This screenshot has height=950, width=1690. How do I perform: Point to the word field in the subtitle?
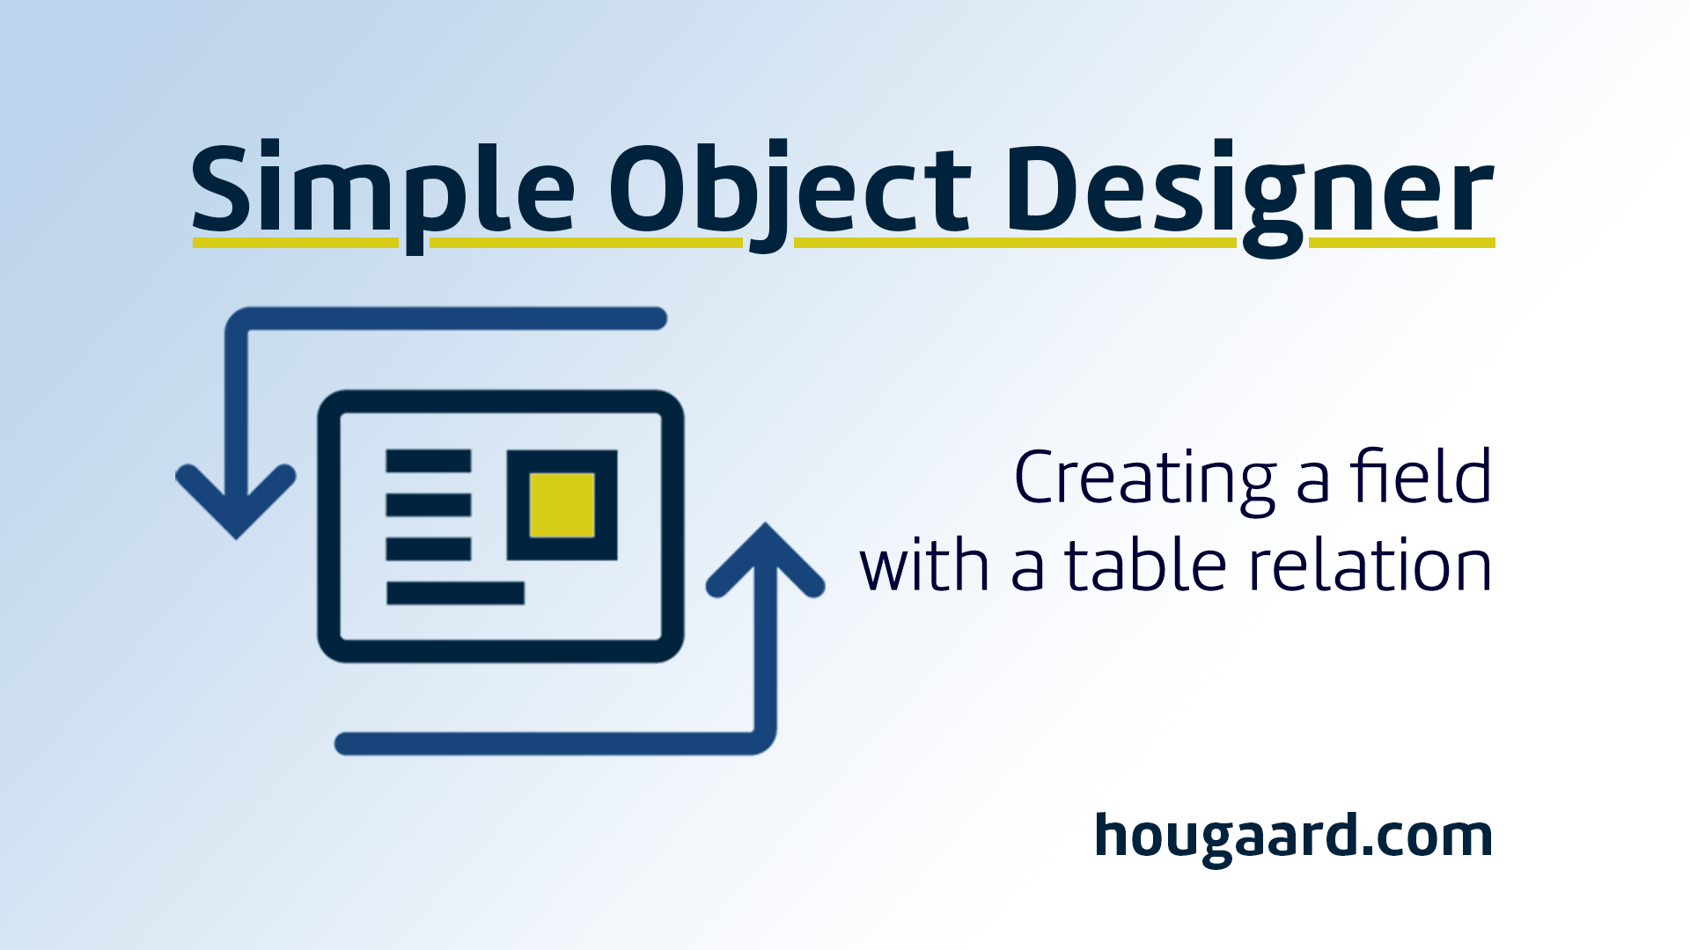pyautogui.click(x=1422, y=475)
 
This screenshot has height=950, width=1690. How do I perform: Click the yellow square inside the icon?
pyautogui.click(x=562, y=505)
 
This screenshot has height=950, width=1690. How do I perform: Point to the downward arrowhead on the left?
pyautogui.click(x=236, y=501)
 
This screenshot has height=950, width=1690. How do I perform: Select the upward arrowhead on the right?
pyautogui.click(x=765, y=560)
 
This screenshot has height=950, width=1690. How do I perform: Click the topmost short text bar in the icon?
pyautogui.click(x=429, y=461)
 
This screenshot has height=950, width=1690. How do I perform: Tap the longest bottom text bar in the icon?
pyautogui.click(x=455, y=593)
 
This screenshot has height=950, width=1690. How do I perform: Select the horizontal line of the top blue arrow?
pyautogui.click(x=449, y=318)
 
